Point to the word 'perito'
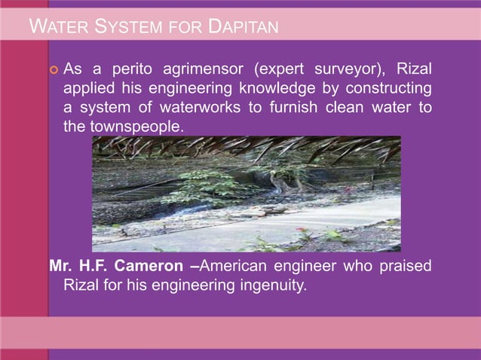point(134,70)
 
